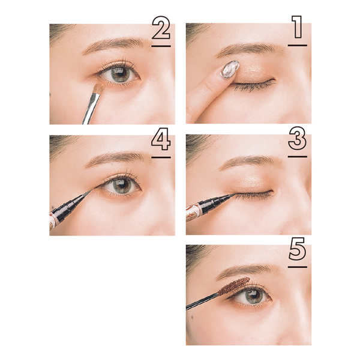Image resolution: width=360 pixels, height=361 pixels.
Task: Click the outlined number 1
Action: pos(298,27)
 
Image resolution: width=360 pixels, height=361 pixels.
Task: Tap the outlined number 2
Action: pos(161,28)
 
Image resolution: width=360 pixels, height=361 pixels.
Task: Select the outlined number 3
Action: pos(298,138)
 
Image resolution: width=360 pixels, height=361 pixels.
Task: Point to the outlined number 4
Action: pos(161,139)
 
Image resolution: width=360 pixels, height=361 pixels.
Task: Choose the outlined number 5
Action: pos(297,249)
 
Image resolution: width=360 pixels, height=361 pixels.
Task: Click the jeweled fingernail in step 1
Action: pos(230,69)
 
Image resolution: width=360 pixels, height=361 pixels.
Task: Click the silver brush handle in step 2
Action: pos(91,108)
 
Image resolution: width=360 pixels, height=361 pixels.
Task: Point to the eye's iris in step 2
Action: pos(120,73)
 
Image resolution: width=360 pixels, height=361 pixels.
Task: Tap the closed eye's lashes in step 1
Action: pos(254,86)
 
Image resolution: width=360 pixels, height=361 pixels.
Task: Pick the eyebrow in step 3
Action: pos(250,161)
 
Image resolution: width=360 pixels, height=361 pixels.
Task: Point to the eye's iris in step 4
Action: pos(122,184)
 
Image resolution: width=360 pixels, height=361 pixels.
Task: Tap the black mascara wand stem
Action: pos(202,301)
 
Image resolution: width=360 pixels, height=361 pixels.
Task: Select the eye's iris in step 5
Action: pos(253,296)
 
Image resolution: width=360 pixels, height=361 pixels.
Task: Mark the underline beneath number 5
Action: pos(298,267)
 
